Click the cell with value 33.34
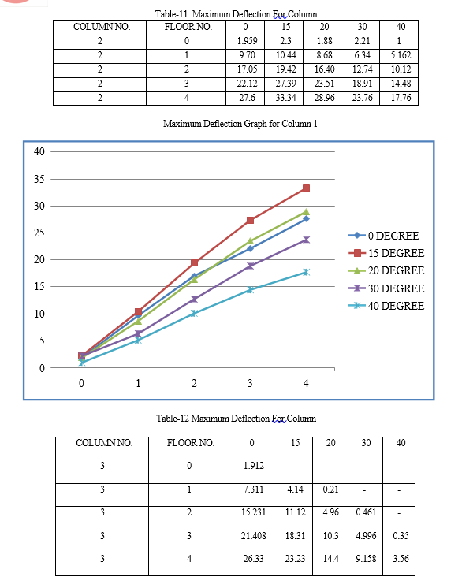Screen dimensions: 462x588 (285, 98)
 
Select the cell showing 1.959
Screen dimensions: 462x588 (247, 41)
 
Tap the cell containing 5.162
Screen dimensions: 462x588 (401, 55)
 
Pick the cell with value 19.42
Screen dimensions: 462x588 (285, 69)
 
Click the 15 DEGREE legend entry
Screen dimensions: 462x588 (386, 253)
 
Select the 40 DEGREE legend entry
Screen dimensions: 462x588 (386, 306)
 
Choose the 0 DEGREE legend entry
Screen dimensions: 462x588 (384, 236)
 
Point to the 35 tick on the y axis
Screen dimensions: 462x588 (39, 179)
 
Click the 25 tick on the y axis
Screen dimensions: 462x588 (39, 233)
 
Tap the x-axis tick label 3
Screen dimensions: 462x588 (250, 383)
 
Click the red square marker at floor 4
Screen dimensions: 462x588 (306, 188)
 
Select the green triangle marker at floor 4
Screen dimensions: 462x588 (306, 212)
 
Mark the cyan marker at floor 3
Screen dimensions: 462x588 (250, 290)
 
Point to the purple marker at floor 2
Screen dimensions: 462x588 (194, 299)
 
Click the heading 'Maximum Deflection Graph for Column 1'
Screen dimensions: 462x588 (240, 124)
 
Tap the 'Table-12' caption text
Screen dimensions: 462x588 (173, 418)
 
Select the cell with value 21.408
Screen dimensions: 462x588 (254, 535)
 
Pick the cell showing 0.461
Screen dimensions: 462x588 (366, 512)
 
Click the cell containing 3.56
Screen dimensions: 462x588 (401, 559)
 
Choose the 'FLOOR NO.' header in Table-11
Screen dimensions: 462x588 (188, 27)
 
